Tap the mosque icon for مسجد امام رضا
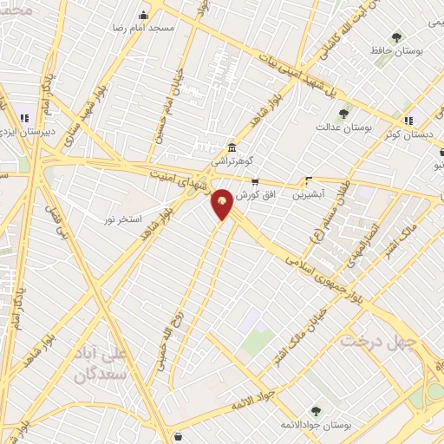pos(143,16)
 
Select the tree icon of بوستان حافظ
pos(396,37)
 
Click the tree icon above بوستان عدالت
pos(344,113)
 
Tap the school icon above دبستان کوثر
pos(408,120)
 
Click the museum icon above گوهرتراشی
pos(231,147)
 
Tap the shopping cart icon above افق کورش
pos(254,182)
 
